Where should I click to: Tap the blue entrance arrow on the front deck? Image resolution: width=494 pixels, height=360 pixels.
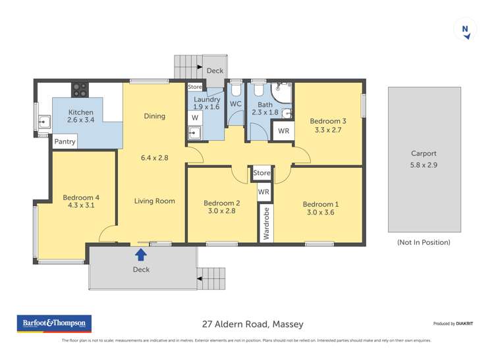pos(141,253)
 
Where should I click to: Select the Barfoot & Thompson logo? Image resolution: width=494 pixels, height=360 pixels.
pos(54,324)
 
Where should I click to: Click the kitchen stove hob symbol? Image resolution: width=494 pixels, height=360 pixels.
pos(80,88)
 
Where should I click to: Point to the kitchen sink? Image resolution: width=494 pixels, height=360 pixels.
pos(44,121)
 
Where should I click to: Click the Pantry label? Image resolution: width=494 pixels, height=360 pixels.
pos(65,141)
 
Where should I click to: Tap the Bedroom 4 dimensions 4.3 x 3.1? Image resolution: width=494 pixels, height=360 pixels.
pos(81,205)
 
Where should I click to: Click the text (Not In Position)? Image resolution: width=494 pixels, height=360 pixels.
pos(424,242)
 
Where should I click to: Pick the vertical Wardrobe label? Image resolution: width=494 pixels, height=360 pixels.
pos(267,224)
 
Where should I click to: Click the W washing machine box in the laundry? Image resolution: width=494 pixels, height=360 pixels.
pos(195,118)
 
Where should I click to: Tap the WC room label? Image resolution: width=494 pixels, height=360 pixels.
pos(236,104)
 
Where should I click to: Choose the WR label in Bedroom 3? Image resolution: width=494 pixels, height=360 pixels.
pos(283,131)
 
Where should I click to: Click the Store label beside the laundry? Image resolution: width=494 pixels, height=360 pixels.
pos(195,87)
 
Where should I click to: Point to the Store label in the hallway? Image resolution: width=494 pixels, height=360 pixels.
pos(261,173)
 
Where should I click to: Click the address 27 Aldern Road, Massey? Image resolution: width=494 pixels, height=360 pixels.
pos(252,324)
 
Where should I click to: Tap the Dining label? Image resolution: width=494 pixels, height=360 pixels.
pos(155,116)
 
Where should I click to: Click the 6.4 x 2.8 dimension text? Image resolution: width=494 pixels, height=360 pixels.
pos(155,158)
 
